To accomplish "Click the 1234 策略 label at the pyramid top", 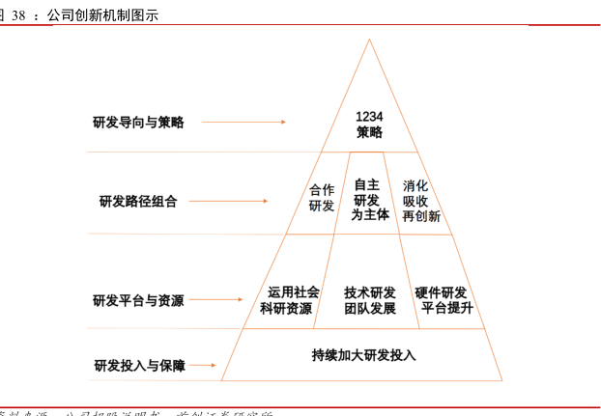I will [x=369, y=124].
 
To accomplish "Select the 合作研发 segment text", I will [x=322, y=198].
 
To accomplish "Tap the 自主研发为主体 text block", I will [x=369, y=200].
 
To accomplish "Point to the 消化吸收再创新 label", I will [x=420, y=201].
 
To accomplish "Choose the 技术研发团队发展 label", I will [x=369, y=300].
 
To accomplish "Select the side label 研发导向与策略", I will [x=138, y=123].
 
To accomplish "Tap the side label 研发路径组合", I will [x=138, y=202].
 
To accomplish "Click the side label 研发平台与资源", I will [x=138, y=300].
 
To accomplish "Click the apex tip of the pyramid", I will [x=369, y=41].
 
